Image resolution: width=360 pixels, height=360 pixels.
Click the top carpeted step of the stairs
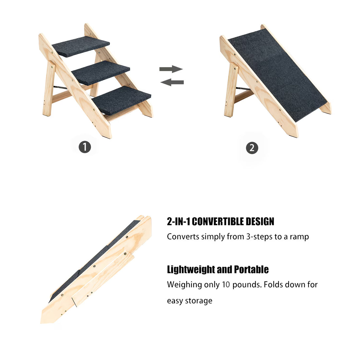click(x=81, y=47)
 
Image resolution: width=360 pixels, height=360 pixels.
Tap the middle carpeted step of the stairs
click(x=101, y=73)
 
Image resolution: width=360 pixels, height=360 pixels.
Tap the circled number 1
click(x=85, y=147)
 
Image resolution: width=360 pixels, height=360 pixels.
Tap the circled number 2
click(x=252, y=148)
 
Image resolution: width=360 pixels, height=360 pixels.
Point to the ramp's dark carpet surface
click(x=278, y=74)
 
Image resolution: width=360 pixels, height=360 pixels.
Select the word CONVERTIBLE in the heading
click(x=218, y=222)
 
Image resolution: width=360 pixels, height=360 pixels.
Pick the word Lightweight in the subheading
click(x=191, y=270)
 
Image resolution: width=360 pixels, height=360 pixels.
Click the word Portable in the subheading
click(x=251, y=270)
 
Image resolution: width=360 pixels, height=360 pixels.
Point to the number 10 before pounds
click(x=226, y=285)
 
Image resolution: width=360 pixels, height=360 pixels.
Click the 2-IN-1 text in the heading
click(x=179, y=222)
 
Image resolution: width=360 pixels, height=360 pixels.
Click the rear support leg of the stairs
click(x=48, y=88)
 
